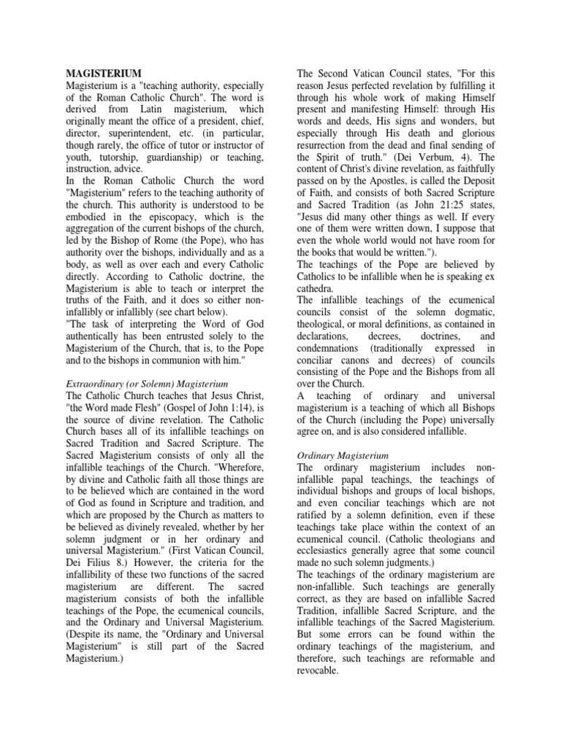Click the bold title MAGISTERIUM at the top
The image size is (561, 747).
tap(104, 74)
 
